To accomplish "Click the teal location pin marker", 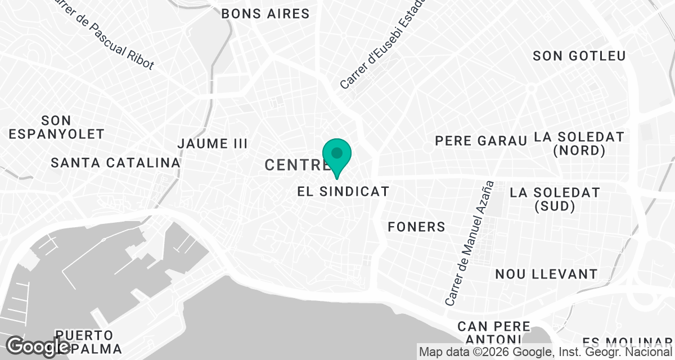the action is tap(337, 157).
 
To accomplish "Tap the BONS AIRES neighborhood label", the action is tap(265, 13).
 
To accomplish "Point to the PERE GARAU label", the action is tap(481, 141).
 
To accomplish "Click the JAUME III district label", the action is tap(212, 143).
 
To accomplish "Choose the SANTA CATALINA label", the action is tap(115, 163).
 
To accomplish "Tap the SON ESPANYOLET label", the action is tap(57, 127).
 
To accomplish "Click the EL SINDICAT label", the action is tap(343, 191).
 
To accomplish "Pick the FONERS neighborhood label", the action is tap(416, 227).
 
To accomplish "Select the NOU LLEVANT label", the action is tap(546, 274).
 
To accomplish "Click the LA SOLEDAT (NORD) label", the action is tap(579, 143).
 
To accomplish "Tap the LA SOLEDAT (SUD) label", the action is tap(555, 199).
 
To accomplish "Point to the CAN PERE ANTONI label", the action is tap(493, 332).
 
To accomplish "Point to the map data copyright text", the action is tap(546, 352).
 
